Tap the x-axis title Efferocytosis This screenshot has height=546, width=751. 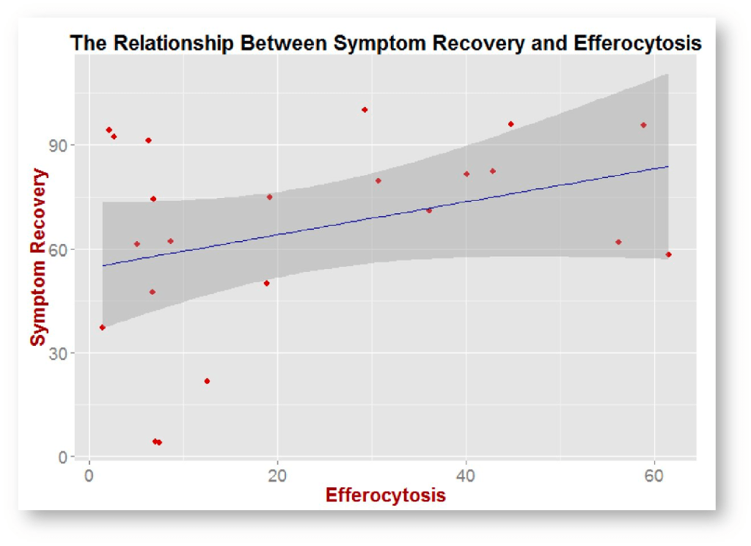[385, 495]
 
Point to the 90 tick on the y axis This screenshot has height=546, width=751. [67, 145]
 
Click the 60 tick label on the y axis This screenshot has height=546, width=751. [67, 249]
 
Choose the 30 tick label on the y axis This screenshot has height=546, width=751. [67, 353]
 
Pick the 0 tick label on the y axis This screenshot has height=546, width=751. [71, 457]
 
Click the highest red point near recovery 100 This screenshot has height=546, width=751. [364, 110]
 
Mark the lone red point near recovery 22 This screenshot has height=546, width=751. [207, 381]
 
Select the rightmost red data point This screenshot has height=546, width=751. [668, 255]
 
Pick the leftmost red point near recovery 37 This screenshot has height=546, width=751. [103, 328]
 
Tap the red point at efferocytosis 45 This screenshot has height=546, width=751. [511, 124]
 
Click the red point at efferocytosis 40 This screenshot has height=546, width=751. [466, 174]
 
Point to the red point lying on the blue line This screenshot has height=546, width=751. [429, 210]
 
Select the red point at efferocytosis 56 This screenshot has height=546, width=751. [618, 242]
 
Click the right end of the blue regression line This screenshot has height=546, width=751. [668, 166]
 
